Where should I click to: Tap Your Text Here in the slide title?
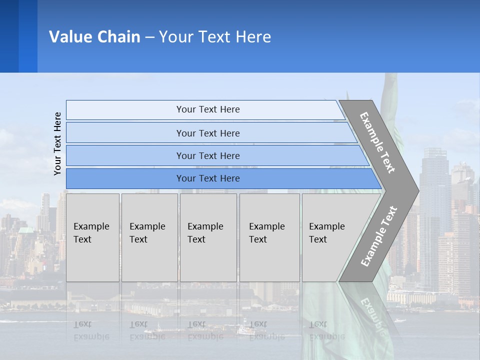tap(215, 37)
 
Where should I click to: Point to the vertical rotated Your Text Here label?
tap(57, 143)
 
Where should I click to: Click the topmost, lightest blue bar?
tap(205, 109)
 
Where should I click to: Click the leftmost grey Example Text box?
tap(92, 237)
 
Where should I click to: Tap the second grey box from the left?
tap(149, 237)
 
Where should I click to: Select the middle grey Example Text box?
tap(208, 237)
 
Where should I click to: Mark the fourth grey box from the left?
tap(269, 237)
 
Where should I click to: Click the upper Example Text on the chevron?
tap(378, 142)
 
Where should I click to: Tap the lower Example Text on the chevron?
tap(379, 236)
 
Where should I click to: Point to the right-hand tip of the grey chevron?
tap(417, 190)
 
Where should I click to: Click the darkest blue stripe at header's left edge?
tap(9, 36)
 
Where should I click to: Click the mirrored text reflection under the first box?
tap(91, 330)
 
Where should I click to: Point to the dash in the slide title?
tap(149, 37)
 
